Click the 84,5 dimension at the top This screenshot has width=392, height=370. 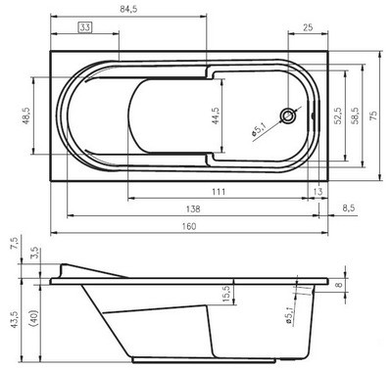(x=128, y=9)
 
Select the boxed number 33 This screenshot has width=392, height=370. (x=85, y=27)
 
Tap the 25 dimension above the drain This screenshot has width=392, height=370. (x=308, y=26)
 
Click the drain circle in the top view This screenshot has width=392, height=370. (x=288, y=116)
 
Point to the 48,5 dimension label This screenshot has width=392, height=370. (x=26, y=116)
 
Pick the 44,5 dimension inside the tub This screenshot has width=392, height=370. (x=216, y=116)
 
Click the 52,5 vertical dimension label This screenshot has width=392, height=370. (x=337, y=116)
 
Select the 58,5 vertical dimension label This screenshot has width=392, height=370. (x=356, y=116)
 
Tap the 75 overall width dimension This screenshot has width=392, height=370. (x=373, y=116)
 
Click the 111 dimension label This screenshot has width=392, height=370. (x=219, y=192)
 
